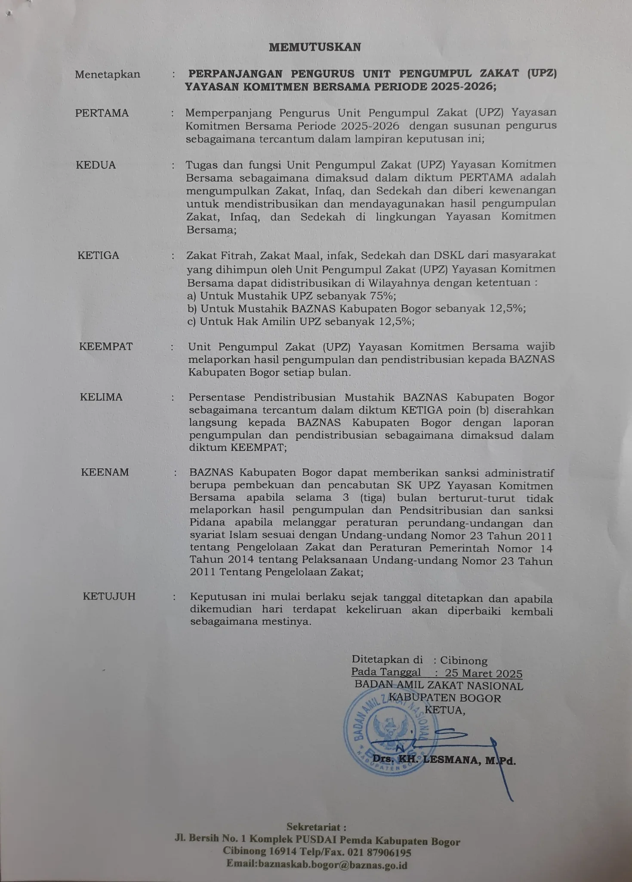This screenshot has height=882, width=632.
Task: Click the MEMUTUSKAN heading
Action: coord(315,47)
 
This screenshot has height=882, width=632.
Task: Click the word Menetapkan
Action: coord(108,74)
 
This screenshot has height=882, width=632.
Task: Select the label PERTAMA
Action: coord(102,113)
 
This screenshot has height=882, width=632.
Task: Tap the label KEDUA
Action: coord(96,165)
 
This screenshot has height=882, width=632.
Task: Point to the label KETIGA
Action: coord(98,255)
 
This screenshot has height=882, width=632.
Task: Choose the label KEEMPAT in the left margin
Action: coord(106,346)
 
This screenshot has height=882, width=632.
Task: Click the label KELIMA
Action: coord(101,397)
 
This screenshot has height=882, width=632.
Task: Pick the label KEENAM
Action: coord(105,472)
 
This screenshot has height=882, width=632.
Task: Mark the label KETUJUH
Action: coord(109,596)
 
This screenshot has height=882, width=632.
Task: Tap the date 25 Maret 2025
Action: coord(484,674)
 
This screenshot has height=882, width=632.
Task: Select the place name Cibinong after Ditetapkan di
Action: coord(463,661)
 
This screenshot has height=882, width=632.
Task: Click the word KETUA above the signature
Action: coord(444,710)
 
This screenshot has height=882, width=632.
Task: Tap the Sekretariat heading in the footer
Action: coord(316,827)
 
